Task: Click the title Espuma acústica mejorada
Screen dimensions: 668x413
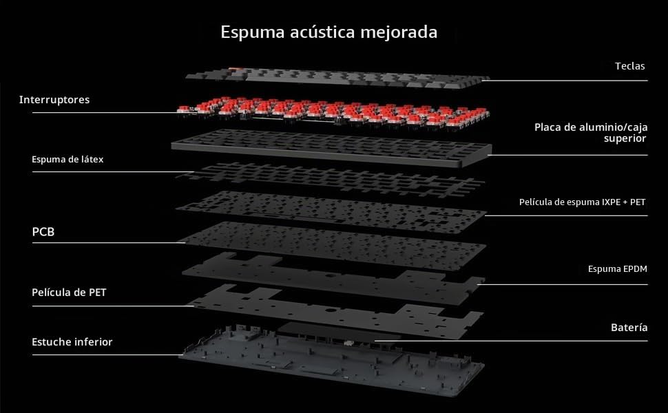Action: (329, 32)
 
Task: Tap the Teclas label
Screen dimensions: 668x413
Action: (629, 66)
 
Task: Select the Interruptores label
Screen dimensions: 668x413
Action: (54, 100)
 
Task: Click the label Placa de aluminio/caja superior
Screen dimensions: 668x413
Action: (591, 132)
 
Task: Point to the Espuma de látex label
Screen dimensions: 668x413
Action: (67, 159)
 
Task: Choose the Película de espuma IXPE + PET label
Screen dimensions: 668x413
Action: (582, 202)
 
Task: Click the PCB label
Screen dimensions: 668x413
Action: (43, 232)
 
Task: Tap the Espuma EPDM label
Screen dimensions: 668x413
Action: (617, 269)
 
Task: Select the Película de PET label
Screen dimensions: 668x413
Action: (69, 293)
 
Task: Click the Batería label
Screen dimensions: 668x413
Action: (629, 328)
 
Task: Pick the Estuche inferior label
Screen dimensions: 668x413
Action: (72, 342)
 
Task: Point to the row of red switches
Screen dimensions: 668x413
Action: (333, 113)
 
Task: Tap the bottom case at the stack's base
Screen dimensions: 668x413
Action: (331, 362)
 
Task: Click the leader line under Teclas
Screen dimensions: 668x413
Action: (565, 80)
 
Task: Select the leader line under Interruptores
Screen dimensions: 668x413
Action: (105, 112)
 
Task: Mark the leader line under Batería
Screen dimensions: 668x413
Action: (511, 341)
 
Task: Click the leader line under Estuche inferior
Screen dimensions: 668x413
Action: (108, 354)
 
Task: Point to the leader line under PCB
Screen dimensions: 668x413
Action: (109, 243)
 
